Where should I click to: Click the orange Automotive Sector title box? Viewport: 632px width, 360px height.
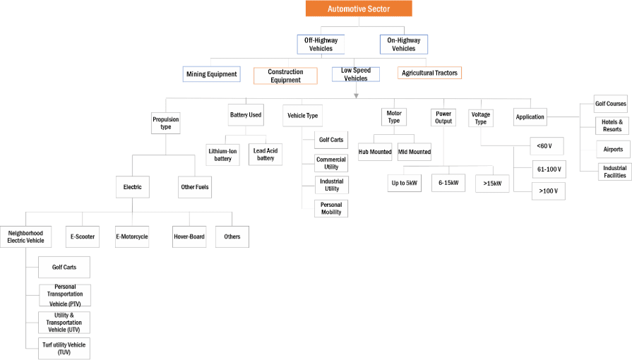(x=358, y=8)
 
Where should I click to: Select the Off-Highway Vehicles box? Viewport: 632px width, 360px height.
(x=321, y=44)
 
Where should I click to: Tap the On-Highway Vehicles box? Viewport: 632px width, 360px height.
(x=403, y=44)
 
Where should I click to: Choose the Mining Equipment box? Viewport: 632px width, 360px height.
(x=211, y=73)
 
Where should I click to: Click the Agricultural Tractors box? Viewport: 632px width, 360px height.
(x=429, y=73)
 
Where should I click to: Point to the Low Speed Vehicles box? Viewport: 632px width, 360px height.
(x=355, y=74)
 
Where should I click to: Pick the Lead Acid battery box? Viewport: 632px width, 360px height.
(x=264, y=154)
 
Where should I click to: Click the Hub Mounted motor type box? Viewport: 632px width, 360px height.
(x=375, y=151)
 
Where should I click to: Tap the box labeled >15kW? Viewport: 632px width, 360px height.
(x=492, y=183)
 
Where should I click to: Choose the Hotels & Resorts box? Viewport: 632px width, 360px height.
(x=611, y=126)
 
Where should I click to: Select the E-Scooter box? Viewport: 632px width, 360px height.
(x=83, y=236)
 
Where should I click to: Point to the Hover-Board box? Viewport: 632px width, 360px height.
(x=189, y=236)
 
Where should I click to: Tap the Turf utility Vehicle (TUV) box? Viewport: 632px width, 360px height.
(x=64, y=348)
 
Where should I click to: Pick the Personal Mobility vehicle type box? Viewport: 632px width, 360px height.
(x=330, y=208)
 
